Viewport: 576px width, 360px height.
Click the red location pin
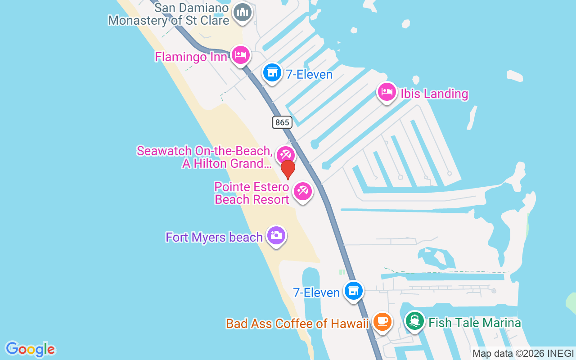(x=288, y=169)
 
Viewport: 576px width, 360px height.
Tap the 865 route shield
(x=282, y=122)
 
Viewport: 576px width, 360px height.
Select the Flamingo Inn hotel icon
(x=241, y=55)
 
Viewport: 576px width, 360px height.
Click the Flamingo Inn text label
(x=191, y=57)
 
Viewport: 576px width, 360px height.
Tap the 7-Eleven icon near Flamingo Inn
(x=272, y=72)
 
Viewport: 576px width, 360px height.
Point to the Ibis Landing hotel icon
(x=387, y=92)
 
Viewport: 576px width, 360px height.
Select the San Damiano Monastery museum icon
(x=243, y=12)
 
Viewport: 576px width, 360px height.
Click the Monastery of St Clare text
(x=169, y=20)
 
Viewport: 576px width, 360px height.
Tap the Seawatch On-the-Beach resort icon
(x=285, y=155)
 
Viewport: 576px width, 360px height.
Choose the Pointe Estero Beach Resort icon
(x=303, y=191)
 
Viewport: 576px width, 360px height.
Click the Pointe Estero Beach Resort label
(x=252, y=193)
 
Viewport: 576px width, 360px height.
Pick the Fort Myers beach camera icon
(x=276, y=235)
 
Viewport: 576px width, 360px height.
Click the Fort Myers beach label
(x=214, y=237)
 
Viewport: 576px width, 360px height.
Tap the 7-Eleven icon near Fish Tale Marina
(x=354, y=290)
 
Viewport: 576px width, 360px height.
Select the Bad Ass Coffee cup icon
(x=382, y=322)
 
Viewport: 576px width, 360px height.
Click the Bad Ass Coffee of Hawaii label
(x=297, y=324)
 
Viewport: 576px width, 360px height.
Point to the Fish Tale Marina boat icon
(x=414, y=321)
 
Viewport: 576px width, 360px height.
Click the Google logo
(x=30, y=349)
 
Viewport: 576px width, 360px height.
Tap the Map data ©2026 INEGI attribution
(x=523, y=354)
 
